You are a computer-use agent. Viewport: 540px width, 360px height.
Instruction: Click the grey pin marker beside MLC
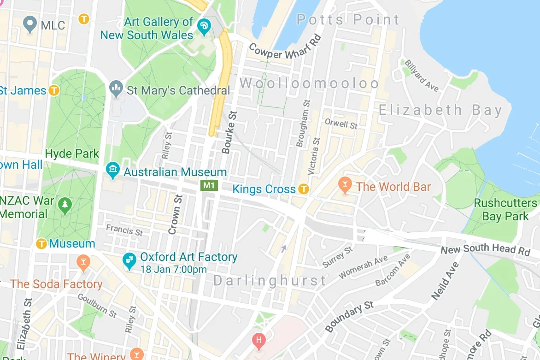[x=30, y=24]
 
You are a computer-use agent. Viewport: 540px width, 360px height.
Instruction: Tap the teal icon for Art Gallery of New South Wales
[x=203, y=25]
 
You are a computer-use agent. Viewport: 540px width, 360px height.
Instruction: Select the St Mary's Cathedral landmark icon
[x=115, y=87]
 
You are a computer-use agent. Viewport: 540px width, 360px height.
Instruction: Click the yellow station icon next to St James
[x=54, y=90]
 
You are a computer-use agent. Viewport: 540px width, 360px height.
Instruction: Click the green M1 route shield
[x=209, y=185]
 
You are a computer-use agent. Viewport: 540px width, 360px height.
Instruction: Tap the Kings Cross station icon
[x=303, y=189]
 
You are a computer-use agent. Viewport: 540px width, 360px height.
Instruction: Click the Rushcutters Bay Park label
[x=505, y=210]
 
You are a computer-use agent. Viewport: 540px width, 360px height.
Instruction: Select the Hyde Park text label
[x=72, y=153]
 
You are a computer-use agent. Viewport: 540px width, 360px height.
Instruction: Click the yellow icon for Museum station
[x=42, y=243]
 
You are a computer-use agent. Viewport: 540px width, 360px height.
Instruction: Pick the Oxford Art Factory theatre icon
[x=129, y=260]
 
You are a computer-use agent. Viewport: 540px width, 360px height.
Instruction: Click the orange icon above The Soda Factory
[x=83, y=263]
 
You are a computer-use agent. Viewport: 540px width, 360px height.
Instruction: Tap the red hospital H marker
[x=259, y=341]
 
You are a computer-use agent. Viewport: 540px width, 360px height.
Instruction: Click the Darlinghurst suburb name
[x=270, y=280]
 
